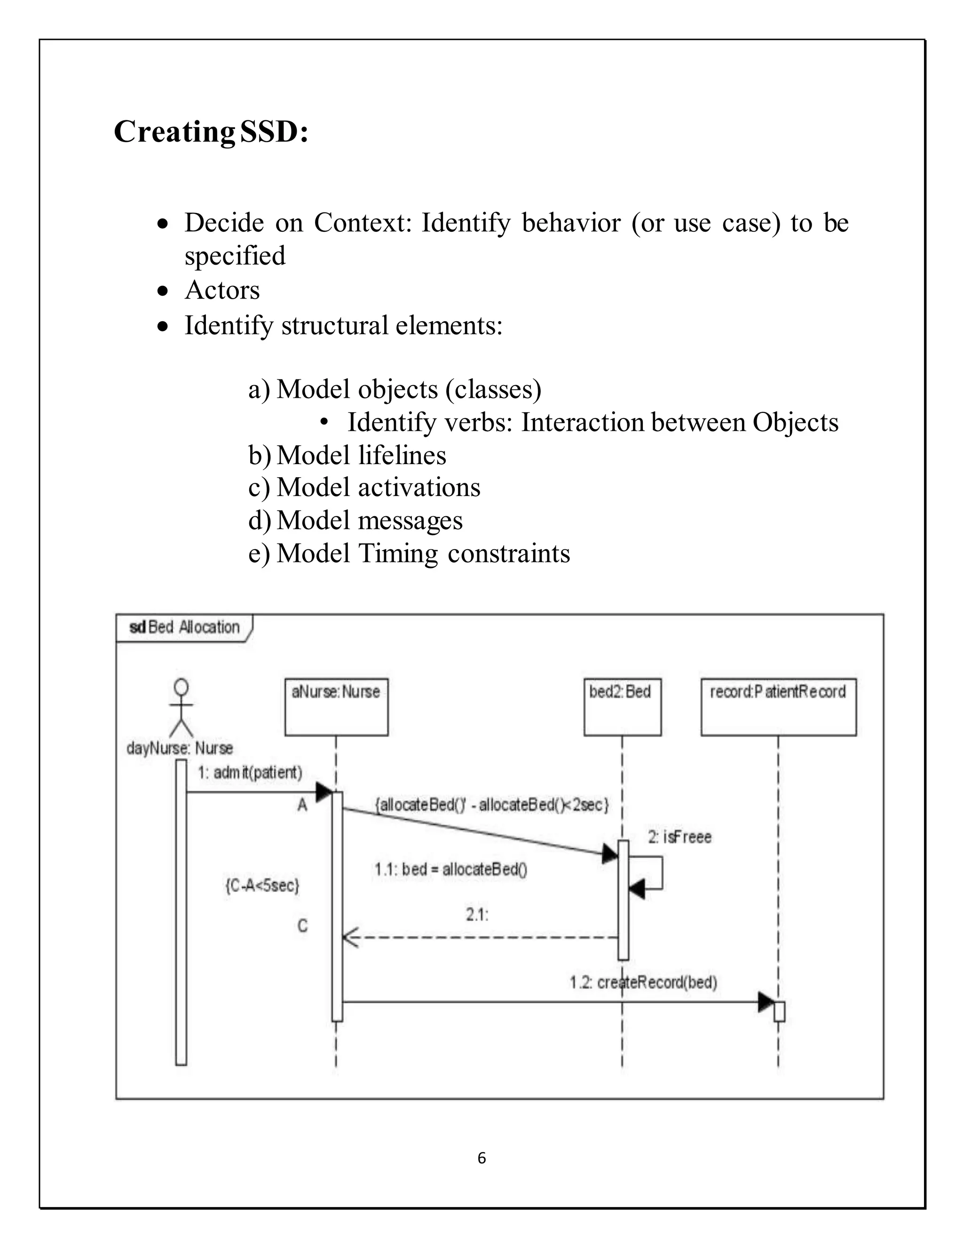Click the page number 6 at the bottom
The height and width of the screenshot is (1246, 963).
(481, 1158)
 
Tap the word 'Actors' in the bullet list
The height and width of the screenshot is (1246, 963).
(222, 291)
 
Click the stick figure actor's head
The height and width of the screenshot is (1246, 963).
(182, 686)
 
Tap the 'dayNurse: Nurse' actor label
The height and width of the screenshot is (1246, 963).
(180, 748)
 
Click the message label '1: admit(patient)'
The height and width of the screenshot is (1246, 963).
(250, 773)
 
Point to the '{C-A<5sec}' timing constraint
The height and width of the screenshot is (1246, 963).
(262, 885)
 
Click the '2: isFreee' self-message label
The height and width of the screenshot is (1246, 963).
(679, 837)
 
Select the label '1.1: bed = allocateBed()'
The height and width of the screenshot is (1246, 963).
(450, 869)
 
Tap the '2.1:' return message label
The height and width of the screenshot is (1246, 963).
(477, 915)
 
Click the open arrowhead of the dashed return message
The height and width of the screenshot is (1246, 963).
(350, 938)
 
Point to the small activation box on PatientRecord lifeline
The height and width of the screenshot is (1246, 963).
(779, 1011)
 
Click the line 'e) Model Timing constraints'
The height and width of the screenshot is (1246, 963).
(409, 553)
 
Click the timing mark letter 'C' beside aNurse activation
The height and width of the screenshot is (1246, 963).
(302, 925)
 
